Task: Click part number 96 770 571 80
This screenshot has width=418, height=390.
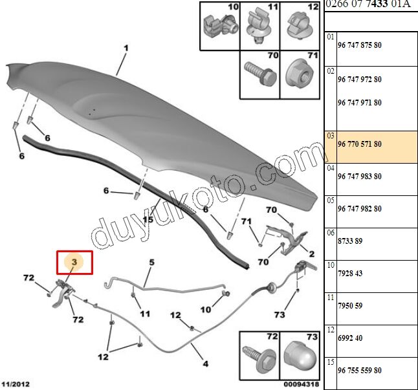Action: pos(360,144)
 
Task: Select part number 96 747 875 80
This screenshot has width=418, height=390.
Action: pos(360,45)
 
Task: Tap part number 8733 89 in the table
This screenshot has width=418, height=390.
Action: pos(350,241)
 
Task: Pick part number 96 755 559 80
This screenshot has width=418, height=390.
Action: pos(360,371)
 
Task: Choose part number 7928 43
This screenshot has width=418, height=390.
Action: pos(350,274)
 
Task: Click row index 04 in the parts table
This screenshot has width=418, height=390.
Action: pos(331,168)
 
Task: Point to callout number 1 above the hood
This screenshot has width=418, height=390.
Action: pos(126,49)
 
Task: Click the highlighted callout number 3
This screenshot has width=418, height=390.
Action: pos(74,262)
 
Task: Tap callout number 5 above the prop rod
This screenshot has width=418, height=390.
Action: pos(151,263)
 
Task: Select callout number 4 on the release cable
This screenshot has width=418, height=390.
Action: pos(206,363)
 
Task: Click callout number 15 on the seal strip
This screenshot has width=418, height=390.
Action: pos(148,219)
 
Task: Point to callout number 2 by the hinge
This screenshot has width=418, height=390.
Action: pos(312,254)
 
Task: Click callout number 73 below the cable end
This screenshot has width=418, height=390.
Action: pos(280,315)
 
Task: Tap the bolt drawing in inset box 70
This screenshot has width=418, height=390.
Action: pos(260,73)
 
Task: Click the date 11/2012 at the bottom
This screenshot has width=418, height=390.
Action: pos(16,384)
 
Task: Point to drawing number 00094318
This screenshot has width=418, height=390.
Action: pos(302,384)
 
